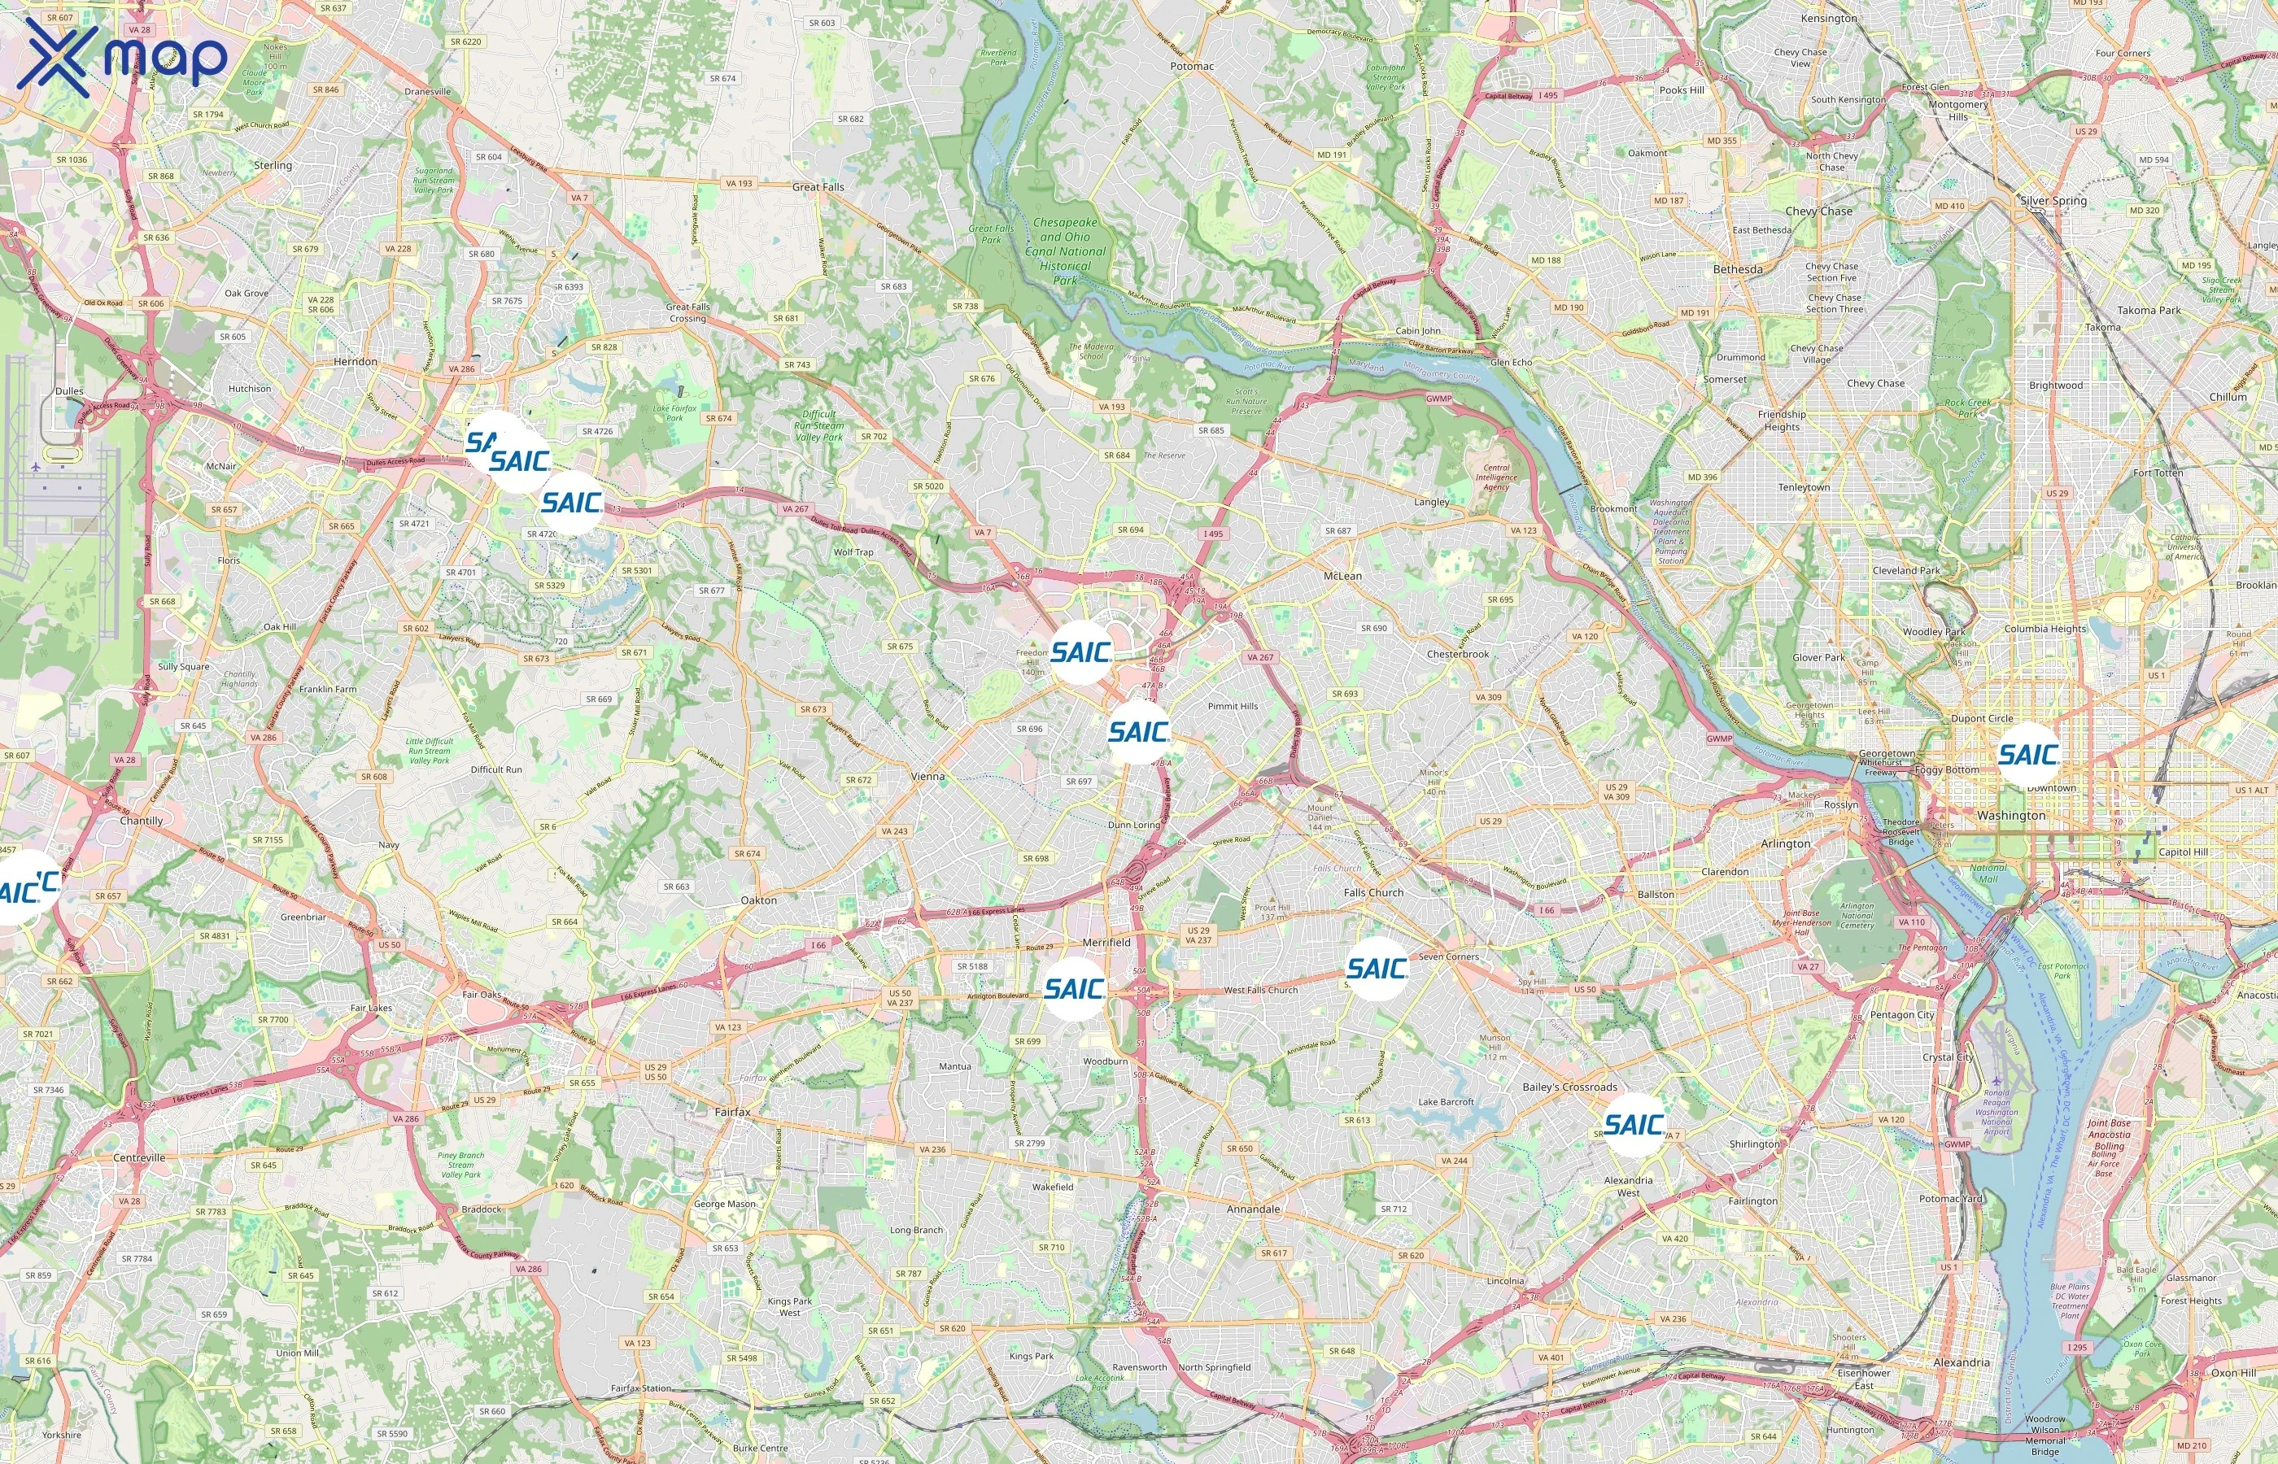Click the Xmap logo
[122, 57]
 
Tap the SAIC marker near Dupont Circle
[2029, 755]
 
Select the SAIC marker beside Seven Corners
[1377, 969]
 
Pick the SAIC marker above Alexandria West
[1634, 1125]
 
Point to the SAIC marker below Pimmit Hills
[1138, 732]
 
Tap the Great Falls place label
[818, 187]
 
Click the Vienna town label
[928, 777]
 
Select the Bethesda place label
[1737, 270]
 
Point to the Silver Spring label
[2053, 202]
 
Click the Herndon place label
[356, 362]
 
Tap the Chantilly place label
[142, 821]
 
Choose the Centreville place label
[139, 1158]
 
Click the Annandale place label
[1253, 1209]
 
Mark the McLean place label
[1342, 576]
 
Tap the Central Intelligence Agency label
[1495, 477]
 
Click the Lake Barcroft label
[1445, 1102]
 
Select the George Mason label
[724, 1204]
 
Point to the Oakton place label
[759, 900]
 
